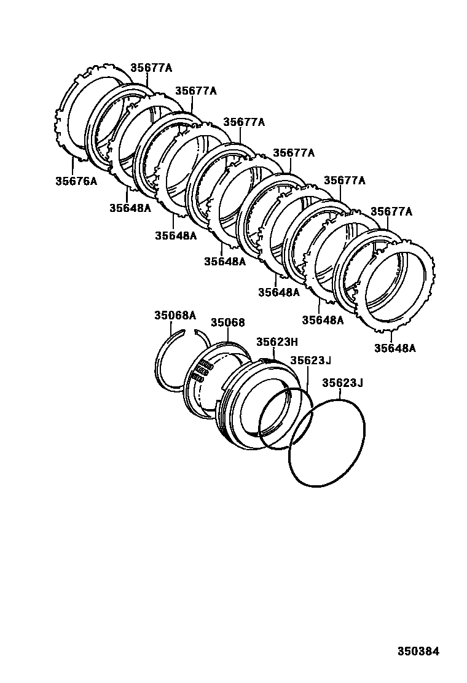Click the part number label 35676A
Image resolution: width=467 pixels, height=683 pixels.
coord(76,181)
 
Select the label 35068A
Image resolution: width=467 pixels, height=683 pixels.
coord(175,316)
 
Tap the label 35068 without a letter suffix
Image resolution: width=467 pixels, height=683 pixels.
coord(227,322)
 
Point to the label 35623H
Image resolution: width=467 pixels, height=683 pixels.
coord(277,342)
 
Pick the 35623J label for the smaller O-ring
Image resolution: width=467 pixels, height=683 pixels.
coord(311,361)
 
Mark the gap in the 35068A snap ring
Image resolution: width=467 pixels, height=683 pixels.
coord(190,332)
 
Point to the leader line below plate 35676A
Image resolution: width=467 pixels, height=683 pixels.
coord(73,167)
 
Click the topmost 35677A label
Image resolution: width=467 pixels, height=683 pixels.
coord(151,69)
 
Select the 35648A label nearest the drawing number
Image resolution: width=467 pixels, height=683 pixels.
coord(394,348)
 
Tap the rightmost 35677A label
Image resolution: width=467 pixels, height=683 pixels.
coord(391,213)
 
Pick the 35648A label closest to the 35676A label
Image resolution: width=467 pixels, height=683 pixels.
coord(130,208)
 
